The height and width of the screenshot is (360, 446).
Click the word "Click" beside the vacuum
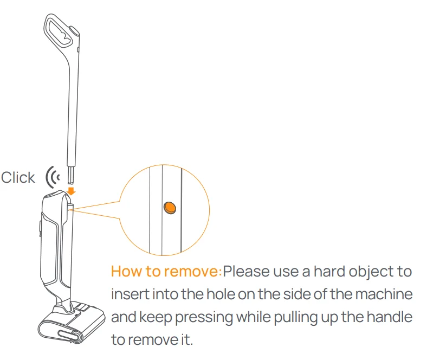[18, 178]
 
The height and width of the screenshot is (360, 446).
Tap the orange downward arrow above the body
[71, 191]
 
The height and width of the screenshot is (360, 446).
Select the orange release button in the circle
[170, 208]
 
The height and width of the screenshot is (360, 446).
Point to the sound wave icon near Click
[53, 177]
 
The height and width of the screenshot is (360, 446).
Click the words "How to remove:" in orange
[166, 271]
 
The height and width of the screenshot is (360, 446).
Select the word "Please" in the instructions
[246, 271]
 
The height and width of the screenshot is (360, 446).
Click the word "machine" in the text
[384, 294]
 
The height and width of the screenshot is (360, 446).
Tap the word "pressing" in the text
[204, 317]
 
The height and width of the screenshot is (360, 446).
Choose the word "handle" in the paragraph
[390, 317]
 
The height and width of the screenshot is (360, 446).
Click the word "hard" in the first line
[329, 271]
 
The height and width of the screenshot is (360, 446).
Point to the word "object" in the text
[370, 272]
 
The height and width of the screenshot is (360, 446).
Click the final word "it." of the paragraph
[187, 339]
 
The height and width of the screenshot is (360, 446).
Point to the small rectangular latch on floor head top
[82, 307]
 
